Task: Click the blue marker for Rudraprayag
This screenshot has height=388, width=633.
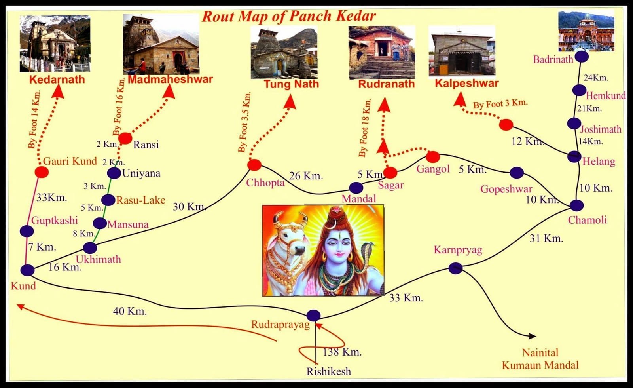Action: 313,316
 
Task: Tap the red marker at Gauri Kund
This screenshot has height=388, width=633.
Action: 42,172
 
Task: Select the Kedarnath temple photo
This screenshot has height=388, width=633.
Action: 55,44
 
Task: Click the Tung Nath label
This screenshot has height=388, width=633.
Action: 291,84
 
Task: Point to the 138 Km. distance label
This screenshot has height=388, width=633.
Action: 342,352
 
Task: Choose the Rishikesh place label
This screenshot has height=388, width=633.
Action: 328,371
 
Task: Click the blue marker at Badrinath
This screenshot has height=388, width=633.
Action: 581,57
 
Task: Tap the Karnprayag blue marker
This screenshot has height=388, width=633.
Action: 455,268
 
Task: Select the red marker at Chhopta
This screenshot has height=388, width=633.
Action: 254,165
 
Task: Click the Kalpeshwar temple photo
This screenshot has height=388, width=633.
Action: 462,50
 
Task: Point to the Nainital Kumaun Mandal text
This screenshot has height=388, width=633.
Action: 540,359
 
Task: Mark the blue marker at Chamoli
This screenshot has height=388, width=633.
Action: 576,205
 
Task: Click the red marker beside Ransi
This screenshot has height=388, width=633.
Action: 125,138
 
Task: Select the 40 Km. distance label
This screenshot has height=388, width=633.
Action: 130,311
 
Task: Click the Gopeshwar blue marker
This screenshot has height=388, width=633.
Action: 517,173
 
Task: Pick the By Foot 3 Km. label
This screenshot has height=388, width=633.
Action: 500,104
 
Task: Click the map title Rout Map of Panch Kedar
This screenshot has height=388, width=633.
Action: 289,16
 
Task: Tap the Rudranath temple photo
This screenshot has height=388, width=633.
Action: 382,52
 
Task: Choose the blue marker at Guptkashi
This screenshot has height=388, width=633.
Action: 27,231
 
